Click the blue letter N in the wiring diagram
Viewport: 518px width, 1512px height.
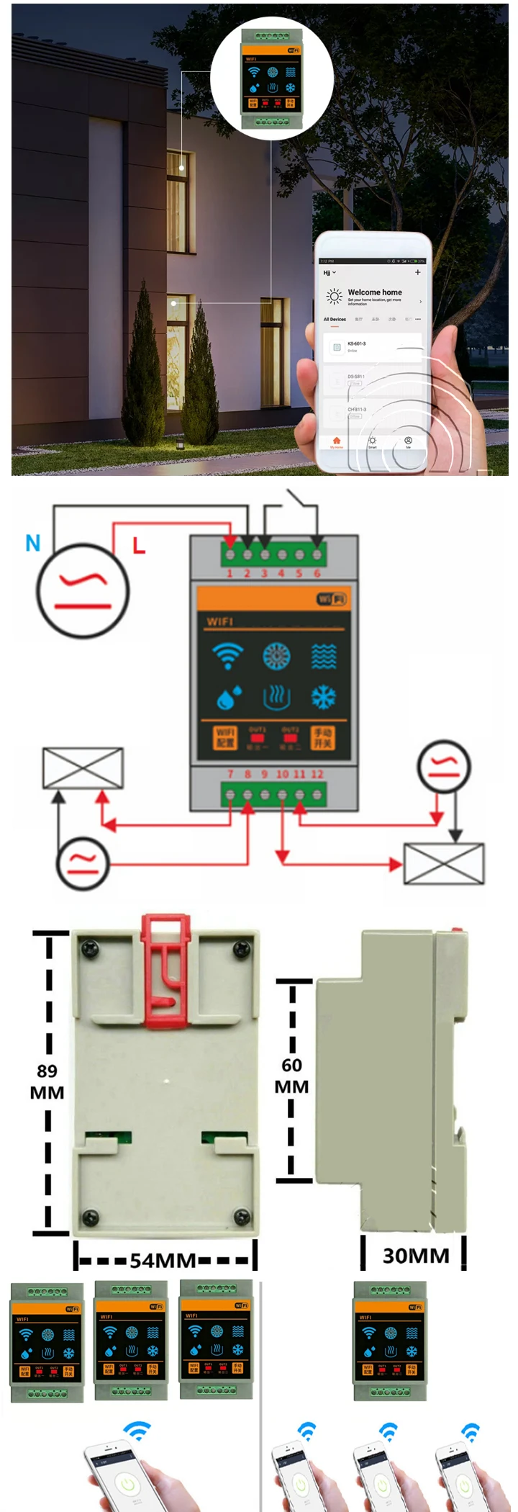[33, 543]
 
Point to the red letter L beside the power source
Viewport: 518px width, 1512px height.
[139, 546]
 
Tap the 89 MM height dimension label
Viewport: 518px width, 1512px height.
[47, 1081]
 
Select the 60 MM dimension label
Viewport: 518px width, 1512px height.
[292, 1076]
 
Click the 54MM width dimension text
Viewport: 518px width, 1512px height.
[163, 1260]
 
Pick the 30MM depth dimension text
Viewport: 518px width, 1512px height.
[416, 1256]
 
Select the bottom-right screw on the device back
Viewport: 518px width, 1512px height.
[242, 1216]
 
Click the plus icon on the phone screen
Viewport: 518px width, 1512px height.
[417, 272]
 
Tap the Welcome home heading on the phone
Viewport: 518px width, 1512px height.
[375, 292]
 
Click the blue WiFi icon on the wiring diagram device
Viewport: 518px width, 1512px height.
[227, 656]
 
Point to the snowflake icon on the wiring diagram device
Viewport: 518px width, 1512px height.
[323, 697]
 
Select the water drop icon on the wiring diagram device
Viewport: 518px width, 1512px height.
[229, 697]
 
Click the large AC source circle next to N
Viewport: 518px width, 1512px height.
[83, 591]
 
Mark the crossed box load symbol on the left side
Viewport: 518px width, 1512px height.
[83, 768]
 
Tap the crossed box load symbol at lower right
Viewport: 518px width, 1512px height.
[443, 863]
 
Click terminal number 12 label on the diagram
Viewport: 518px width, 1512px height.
[317, 774]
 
